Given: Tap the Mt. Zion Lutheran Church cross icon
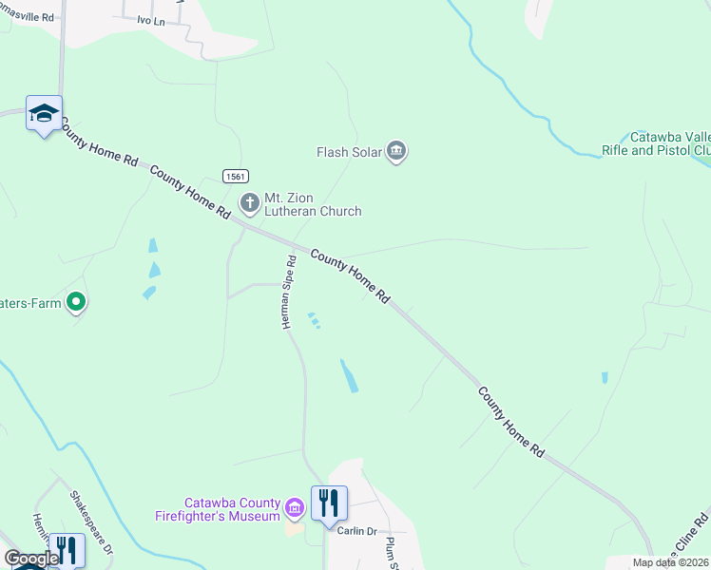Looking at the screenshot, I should coord(250,201).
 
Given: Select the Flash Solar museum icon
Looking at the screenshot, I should coord(397,151).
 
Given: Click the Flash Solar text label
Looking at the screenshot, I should coord(349,152).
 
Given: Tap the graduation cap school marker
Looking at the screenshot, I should coord(44,114).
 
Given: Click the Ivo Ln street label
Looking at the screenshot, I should coord(151,20).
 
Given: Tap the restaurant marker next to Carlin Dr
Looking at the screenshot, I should coord(329,503).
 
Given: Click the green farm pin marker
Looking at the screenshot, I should coord(77,303).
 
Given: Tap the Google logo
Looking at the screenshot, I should coord(30,559).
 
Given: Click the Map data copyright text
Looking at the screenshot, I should coord(671,562).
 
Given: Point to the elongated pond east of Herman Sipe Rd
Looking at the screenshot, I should coord(350,376).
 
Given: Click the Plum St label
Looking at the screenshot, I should coord(390,553).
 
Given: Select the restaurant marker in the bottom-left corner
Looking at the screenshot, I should coord(66,550).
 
